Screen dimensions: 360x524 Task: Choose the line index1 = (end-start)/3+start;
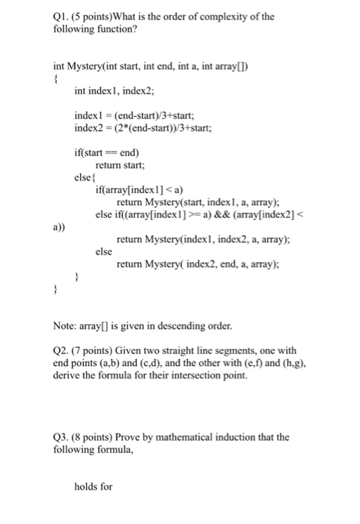click(132, 116)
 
